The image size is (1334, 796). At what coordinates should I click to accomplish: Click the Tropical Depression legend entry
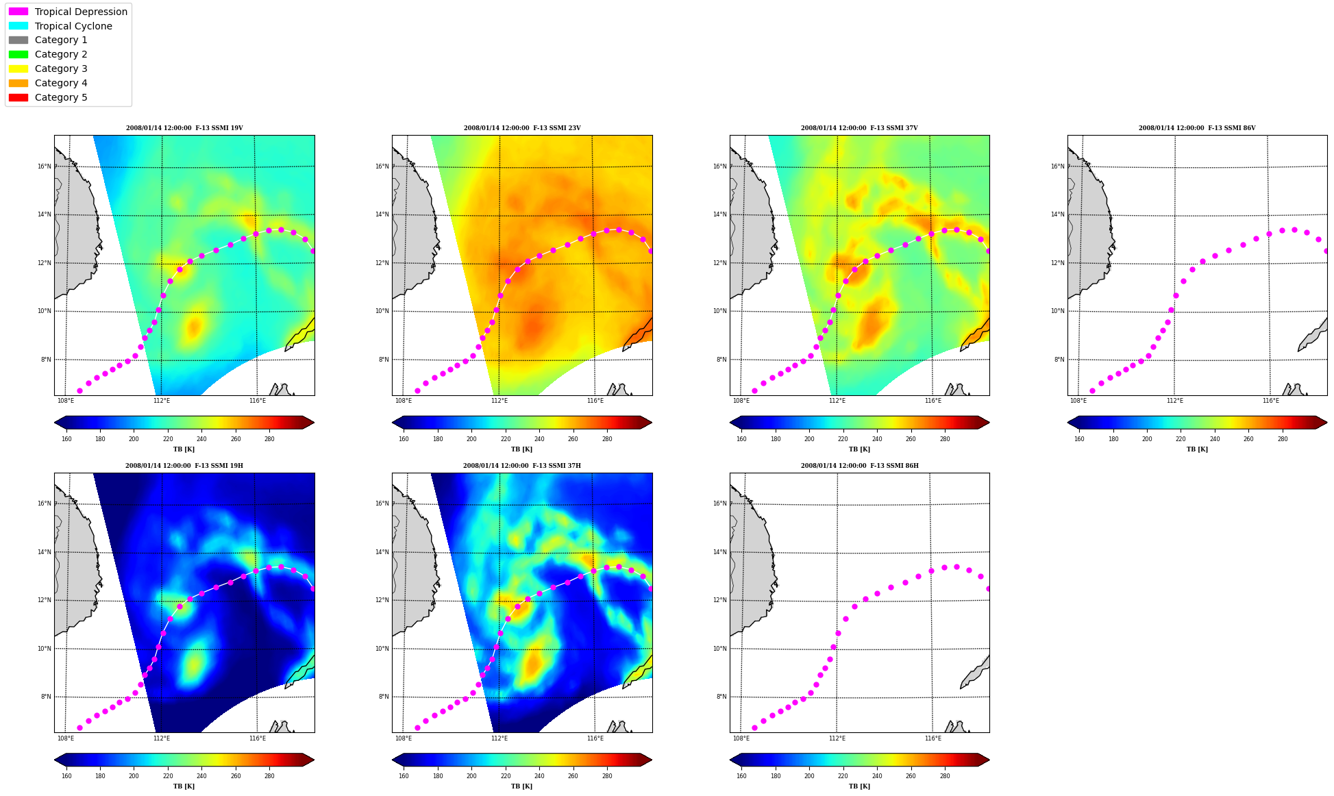pyautogui.click(x=68, y=12)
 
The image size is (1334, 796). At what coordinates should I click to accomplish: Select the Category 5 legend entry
pyautogui.click(x=48, y=97)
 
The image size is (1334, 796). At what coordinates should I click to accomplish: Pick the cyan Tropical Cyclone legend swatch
pyautogui.click(x=18, y=26)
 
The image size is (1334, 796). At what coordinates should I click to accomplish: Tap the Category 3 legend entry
pyautogui.click(x=48, y=69)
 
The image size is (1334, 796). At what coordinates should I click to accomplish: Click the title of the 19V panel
pyautogui.click(x=184, y=128)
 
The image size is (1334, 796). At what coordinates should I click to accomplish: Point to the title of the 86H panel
pyautogui.click(x=860, y=466)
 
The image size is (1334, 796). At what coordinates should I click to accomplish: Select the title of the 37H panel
pyautogui.click(x=522, y=466)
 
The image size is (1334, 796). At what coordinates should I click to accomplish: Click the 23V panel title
pyautogui.click(x=522, y=128)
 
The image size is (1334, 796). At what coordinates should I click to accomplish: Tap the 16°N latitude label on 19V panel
pyautogui.click(x=44, y=166)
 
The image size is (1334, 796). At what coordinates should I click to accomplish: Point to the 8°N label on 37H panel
pyautogui.click(x=384, y=697)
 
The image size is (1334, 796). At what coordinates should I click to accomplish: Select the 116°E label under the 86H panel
pyautogui.click(x=933, y=738)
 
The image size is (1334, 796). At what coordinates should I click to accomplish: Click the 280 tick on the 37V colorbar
pyautogui.click(x=945, y=439)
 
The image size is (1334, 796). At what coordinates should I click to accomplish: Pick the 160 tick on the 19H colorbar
pyautogui.click(x=66, y=776)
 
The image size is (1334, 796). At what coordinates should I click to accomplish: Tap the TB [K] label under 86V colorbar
pyautogui.click(x=1197, y=449)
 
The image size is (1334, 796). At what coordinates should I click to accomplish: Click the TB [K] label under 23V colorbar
pyautogui.click(x=521, y=449)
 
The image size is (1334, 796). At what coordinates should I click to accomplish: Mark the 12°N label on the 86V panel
pyautogui.click(x=1057, y=263)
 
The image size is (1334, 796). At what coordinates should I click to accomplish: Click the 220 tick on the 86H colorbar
pyautogui.click(x=843, y=776)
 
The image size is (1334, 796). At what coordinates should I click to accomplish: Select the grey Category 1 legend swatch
pyautogui.click(x=18, y=40)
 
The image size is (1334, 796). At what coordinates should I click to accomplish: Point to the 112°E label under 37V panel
pyautogui.click(x=837, y=401)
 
